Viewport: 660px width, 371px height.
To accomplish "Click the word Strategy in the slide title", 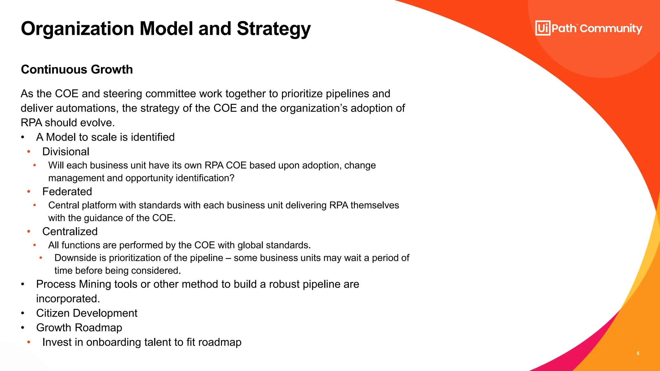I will coord(274,29).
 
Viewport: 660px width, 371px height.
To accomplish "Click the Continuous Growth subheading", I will coord(77,70).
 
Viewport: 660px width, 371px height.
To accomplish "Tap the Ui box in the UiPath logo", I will coord(543,28).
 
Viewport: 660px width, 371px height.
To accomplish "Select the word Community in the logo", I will coord(611,29).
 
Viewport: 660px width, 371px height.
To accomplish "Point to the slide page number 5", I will coord(638,353).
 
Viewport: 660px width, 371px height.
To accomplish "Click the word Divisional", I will coord(66,152).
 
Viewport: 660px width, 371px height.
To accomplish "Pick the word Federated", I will coord(67,192).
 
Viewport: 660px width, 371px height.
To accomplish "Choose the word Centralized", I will coord(70,232).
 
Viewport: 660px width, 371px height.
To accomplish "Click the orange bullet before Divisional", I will coord(29,151).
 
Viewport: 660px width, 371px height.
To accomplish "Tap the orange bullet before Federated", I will coord(29,191).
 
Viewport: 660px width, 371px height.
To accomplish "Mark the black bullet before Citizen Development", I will coord(23,313).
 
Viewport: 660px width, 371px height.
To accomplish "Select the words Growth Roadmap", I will coord(79,328).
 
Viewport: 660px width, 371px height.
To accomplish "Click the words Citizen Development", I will coord(87,313).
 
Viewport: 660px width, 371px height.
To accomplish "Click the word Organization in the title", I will coord(77,29).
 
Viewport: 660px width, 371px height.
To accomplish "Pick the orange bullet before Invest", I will coord(29,342).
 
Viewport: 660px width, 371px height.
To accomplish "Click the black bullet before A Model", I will coord(23,137).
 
